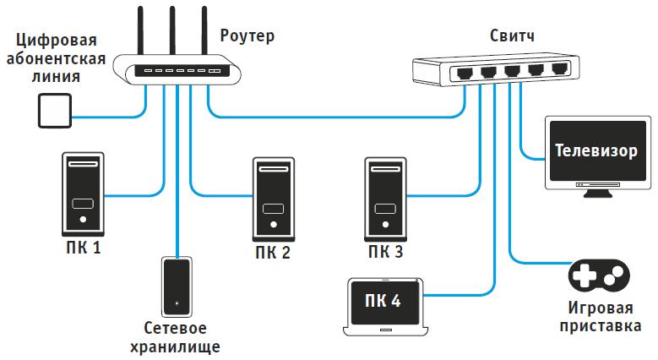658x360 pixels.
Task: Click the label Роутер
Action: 247,36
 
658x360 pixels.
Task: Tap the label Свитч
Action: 513,36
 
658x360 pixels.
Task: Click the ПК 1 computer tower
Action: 82,194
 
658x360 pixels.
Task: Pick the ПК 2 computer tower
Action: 273,199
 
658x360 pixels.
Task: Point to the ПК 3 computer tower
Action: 384,199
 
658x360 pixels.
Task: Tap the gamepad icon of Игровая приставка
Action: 598,275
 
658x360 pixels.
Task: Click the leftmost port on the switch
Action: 465,73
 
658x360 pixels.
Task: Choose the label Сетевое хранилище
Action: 176,337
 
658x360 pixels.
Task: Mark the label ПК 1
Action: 83,248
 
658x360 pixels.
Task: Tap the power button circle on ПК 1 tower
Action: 83,220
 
